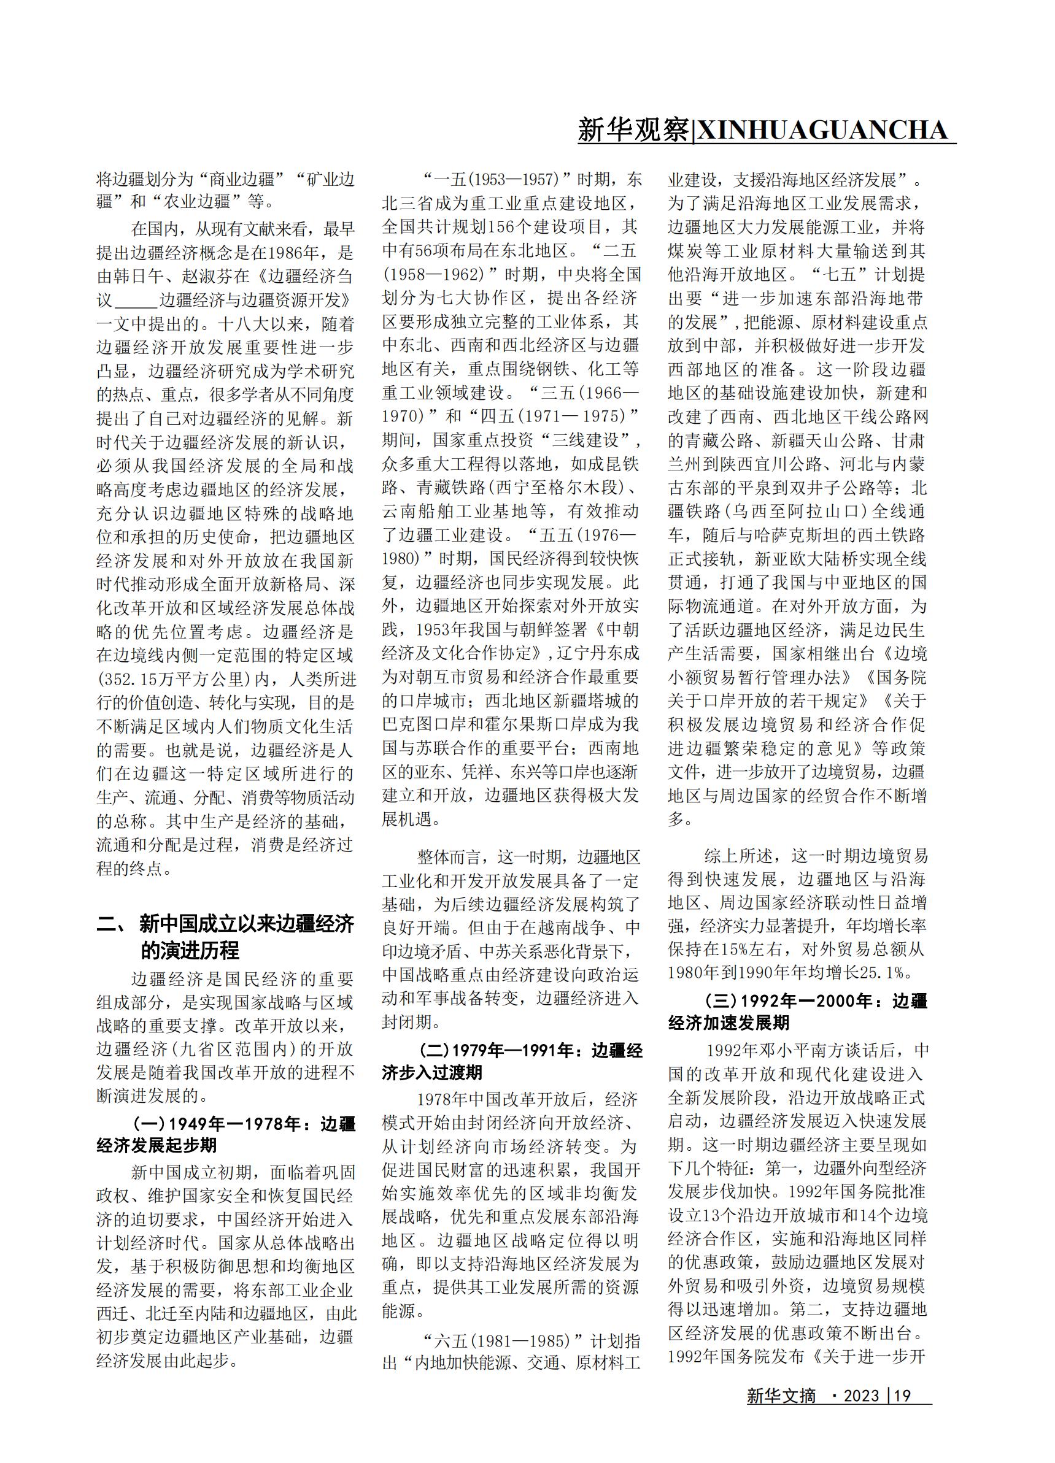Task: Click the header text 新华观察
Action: tap(633, 130)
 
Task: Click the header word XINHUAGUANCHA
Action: tap(821, 130)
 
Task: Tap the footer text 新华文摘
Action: tap(781, 1413)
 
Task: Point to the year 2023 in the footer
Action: tap(862, 1413)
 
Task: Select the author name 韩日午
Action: tap(139, 277)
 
